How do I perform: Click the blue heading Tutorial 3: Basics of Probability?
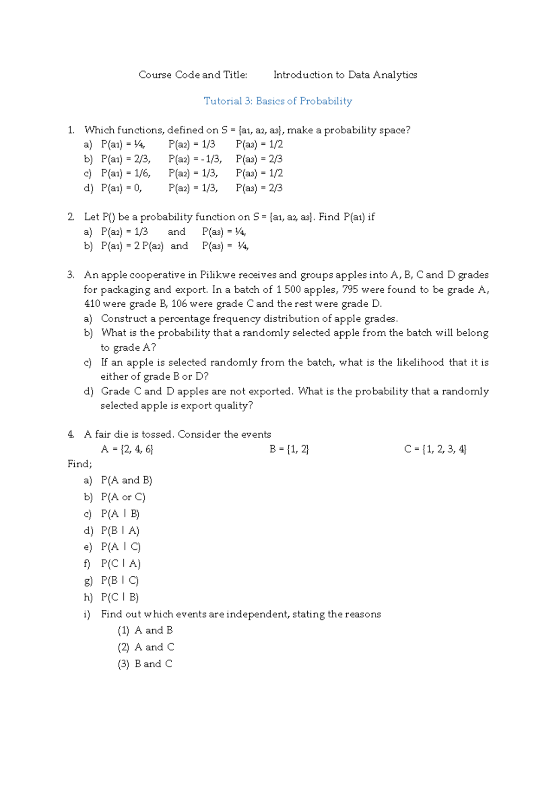click(278, 101)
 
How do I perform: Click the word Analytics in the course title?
click(395, 75)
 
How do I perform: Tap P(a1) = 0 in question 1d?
click(121, 188)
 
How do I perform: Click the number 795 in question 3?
click(350, 290)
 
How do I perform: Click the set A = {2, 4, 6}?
click(127, 449)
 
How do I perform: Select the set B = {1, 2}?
click(289, 449)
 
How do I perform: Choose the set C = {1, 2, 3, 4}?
click(435, 449)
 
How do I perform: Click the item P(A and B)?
click(126, 480)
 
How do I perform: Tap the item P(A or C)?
click(123, 497)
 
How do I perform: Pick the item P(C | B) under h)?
click(120, 597)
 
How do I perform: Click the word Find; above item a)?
click(79, 464)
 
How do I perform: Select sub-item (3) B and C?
click(145, 664)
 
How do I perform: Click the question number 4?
click(71, 434)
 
